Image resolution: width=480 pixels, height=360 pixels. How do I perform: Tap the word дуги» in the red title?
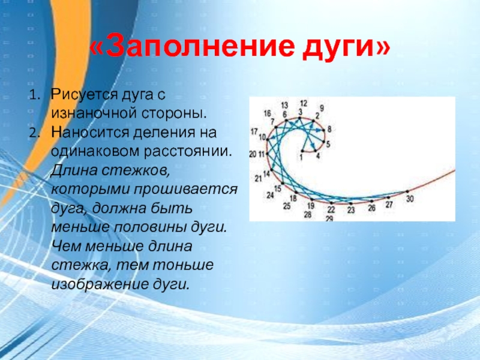tap(347, 49)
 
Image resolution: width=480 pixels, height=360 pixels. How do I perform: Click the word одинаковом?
tap(95, 152)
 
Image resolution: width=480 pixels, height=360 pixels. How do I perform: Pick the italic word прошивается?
tap(186, 190)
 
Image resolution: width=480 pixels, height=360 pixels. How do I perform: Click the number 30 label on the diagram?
tap(410, 199)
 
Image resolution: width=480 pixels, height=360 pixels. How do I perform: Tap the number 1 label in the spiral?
tap(301, 158)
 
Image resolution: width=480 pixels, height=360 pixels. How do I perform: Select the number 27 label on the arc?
tap(389, 205)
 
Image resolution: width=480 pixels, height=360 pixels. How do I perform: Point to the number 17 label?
tap(254, 131)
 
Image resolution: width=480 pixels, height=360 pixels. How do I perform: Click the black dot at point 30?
tap(407, 191)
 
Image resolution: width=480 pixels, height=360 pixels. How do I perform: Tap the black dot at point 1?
tap(302, 151)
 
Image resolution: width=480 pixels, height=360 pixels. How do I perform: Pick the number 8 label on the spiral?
tap(329, 129)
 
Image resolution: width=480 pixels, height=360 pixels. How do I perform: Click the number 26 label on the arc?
tap(371, 208)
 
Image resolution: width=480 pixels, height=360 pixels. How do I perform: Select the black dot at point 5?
tap(323, 142)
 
